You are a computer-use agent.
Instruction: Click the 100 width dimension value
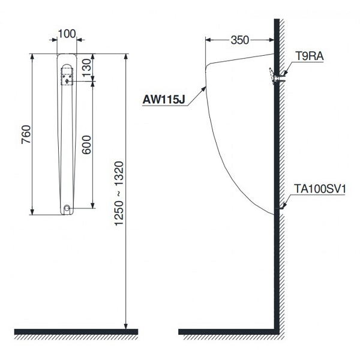(x=67, y=34)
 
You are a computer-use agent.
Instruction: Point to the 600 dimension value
(x=86, y=144)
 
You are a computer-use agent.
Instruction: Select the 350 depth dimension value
(x=239, y=41)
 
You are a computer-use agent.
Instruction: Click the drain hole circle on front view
(x=67, y=208)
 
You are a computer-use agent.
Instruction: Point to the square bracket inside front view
(x=67, y=77)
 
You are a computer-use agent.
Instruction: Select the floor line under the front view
(x=76, y=331)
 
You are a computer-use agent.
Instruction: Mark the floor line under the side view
(x=228, y=331)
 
